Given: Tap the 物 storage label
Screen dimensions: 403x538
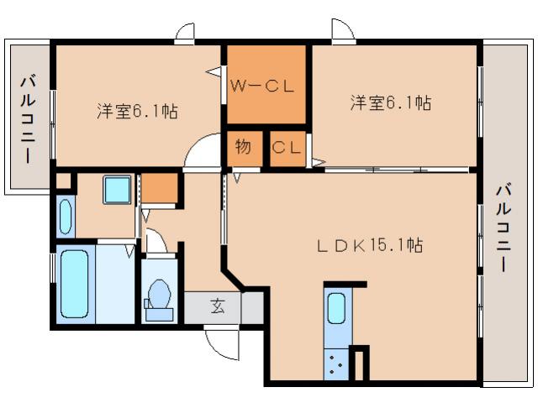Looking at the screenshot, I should coord(242,147).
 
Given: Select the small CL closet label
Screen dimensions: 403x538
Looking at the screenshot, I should coord(286,148).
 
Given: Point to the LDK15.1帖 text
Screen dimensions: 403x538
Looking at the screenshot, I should coord(369,245).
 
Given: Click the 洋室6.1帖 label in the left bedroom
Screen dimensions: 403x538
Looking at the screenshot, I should coord(136,110).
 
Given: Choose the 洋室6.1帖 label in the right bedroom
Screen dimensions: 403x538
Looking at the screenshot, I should coord(391,103).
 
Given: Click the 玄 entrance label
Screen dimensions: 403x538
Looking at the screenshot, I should coord(217,306).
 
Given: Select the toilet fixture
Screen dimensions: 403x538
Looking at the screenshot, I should coord(158,297).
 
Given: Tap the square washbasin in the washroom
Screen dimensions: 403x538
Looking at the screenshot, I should coord(117,190).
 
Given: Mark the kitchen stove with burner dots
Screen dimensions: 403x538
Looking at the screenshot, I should coord(337,364).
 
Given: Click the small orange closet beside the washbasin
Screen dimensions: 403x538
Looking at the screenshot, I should coord(160,190).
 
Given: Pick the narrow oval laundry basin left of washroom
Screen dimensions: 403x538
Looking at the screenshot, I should coord(66,215).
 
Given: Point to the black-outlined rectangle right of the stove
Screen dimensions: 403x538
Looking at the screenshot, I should coord(359,364).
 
